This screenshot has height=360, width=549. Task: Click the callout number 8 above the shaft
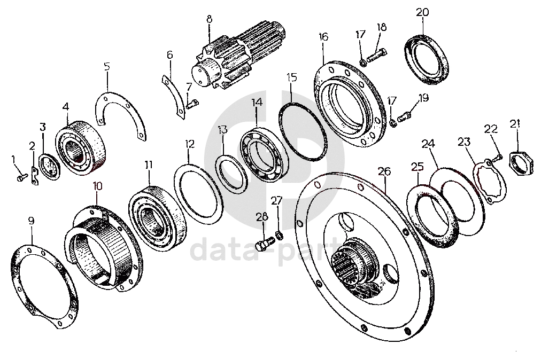[209, 20]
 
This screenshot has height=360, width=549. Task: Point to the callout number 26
[384, 171]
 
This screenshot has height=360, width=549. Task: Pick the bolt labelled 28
[261, 245]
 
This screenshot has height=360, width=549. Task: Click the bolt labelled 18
[377, 53]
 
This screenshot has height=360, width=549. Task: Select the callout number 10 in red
[97, 186]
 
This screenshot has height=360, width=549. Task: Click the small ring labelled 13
[232, 171]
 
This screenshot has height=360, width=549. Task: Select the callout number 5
[107, 67]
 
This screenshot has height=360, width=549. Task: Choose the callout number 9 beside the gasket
[31, 219]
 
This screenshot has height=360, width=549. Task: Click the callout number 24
[428, 143]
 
